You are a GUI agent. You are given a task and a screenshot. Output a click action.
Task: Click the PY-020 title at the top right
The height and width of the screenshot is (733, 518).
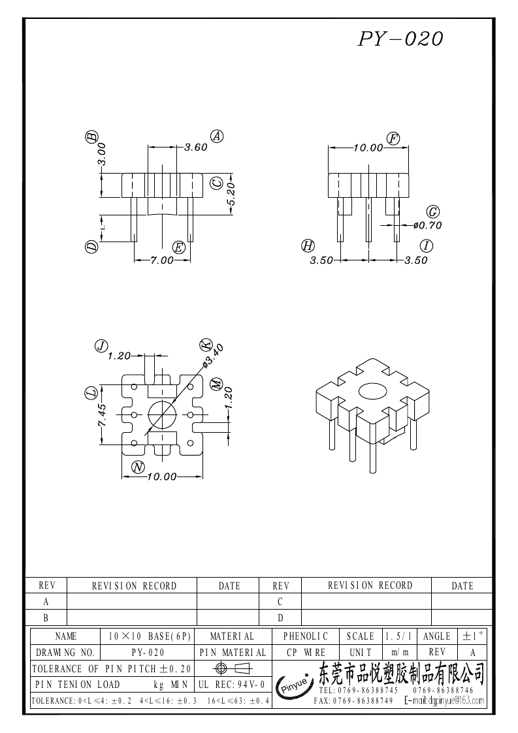[400, 39]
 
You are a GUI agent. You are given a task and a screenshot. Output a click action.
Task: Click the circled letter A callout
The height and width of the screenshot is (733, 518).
[218, 136]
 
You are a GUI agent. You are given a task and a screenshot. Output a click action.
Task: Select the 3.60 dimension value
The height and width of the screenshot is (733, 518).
[195, 148]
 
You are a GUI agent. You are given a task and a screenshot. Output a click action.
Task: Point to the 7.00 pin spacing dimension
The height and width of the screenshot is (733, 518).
[162, 260]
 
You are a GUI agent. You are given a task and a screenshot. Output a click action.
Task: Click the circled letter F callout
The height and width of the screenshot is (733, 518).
[393, 138]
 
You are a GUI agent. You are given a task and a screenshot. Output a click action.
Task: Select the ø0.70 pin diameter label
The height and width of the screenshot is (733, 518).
[428, 225]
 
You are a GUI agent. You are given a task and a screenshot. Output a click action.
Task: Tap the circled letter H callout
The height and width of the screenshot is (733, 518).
[308, 246]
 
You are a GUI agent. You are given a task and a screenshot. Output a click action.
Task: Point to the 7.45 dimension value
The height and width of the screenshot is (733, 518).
[102, 415]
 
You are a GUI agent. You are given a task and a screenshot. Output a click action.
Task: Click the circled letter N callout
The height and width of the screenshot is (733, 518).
[138, 466]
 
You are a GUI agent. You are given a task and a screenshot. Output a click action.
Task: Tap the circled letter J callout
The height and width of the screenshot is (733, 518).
[101, 346]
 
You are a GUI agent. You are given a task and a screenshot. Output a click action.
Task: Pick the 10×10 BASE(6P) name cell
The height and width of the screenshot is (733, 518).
[149, 636]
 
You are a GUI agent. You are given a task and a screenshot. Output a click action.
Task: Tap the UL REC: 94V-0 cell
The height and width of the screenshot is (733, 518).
[231, 685]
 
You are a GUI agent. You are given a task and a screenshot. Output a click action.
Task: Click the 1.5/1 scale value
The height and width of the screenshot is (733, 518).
[398, 636]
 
